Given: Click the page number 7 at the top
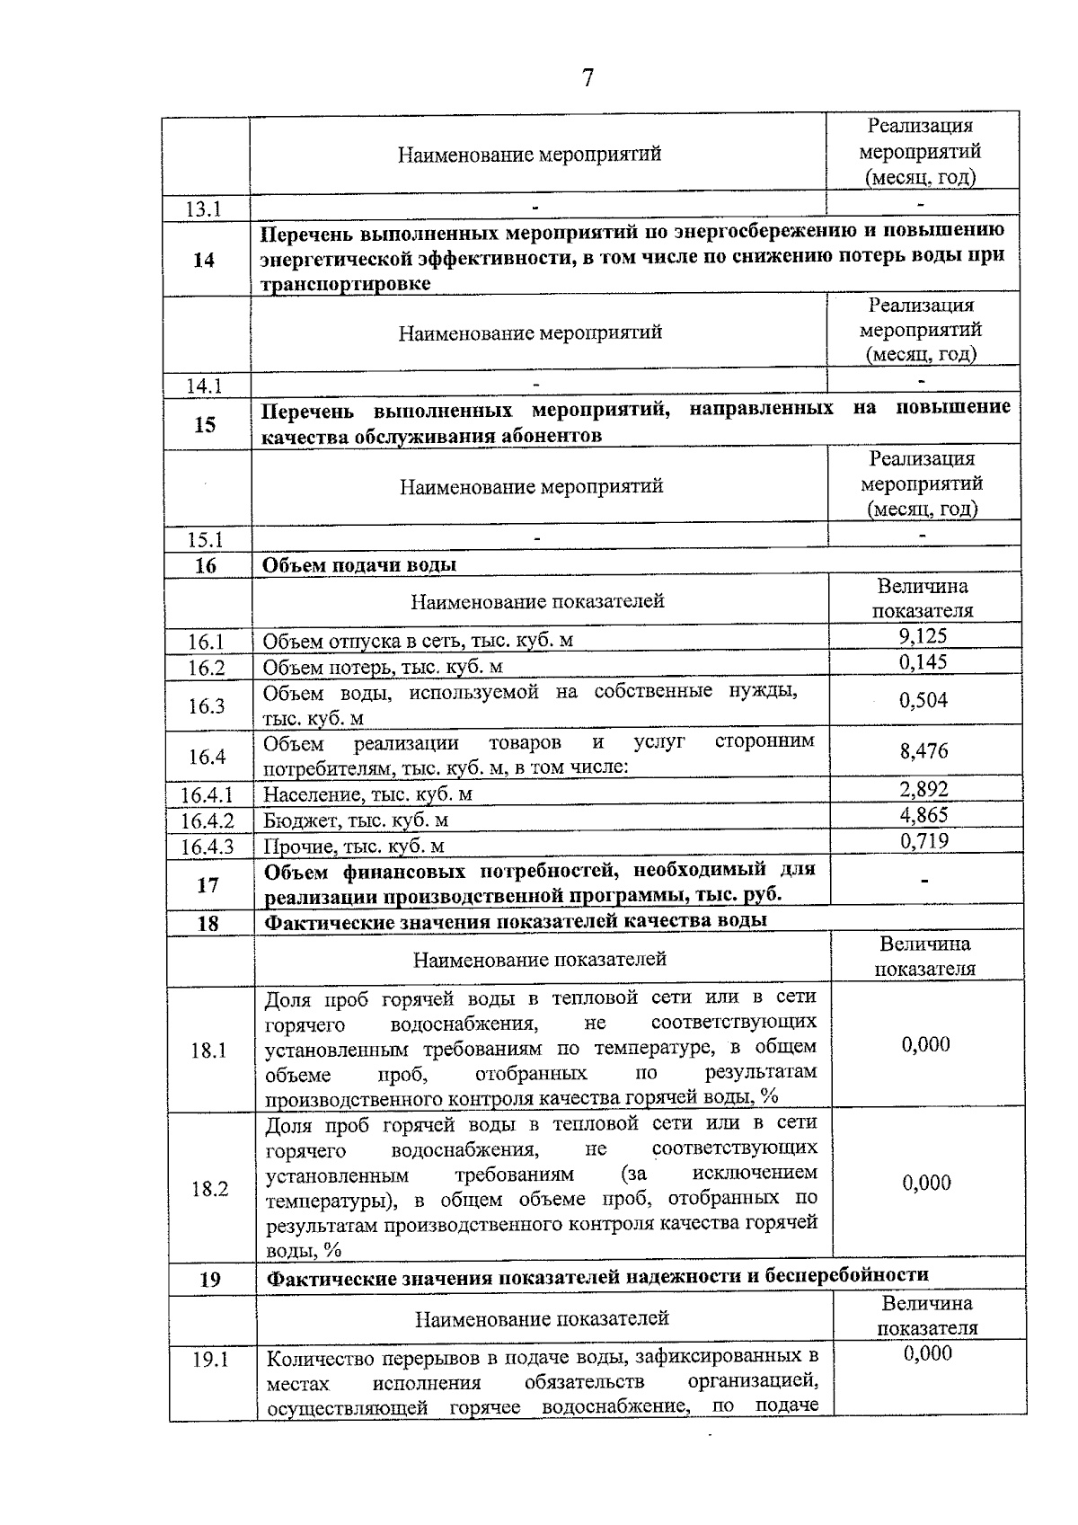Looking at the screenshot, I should pos(588,78).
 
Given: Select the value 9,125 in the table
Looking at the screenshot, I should pos(923,636).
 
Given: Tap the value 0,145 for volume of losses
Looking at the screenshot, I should pos(923,662).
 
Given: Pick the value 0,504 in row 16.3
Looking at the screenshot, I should pos(923,700).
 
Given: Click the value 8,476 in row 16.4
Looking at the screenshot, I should pos(923,750).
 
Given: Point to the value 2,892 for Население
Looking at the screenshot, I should pos(923,790).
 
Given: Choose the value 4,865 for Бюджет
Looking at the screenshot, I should pos(923,815).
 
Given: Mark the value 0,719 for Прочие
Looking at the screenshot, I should pos(923,841).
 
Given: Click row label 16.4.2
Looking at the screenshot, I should pos(207,820).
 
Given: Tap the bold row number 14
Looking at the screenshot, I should pos(204,260).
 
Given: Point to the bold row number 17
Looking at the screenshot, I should pos(208,885).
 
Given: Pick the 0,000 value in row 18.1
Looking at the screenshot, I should pos(925,1044).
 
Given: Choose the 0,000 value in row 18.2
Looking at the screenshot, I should pos(926,1183).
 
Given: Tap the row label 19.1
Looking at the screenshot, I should pos(210,1360).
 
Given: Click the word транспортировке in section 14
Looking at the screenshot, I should pos(346,284).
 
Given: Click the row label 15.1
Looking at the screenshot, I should pos(205,540).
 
